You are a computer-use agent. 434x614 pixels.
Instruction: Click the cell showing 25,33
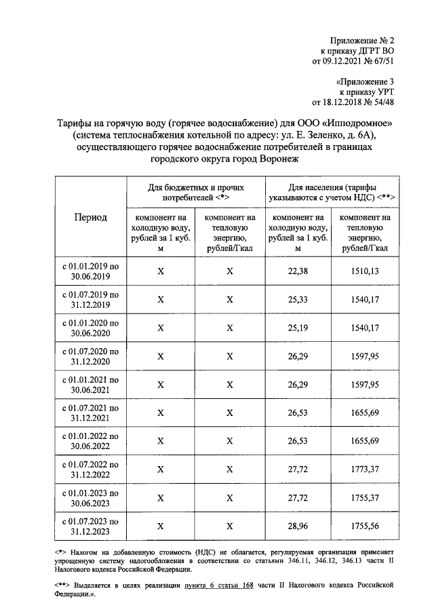pyautogui.click(x=298, y=299)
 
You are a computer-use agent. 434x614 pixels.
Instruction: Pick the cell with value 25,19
pyautogui.click(x=298, y=328)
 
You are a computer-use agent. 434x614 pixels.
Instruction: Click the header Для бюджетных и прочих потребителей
pyautogui.click(x=195, y=191)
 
